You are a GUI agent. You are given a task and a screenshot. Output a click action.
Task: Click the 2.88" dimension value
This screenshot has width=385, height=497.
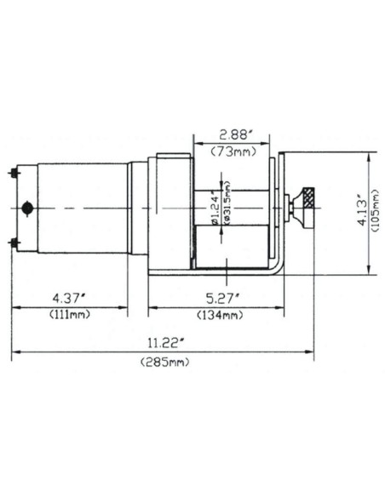[x=232, y=134]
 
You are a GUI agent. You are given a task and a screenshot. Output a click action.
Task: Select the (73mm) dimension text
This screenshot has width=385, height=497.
[x=232, y=151]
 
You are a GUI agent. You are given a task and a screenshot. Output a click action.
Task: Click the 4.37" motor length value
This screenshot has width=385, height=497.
[x=69, y=298]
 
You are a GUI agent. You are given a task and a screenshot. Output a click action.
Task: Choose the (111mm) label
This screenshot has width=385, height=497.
[x=69, y=314]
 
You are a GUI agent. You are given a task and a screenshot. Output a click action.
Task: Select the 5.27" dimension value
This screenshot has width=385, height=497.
[x=221, y=298]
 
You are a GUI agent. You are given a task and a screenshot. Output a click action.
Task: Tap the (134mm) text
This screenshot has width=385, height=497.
[x=221, y=314]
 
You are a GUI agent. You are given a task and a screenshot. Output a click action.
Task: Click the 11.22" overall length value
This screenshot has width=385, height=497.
[x=163, y=344]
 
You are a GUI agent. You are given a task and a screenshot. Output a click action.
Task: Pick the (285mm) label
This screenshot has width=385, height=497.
[x=163, y=363]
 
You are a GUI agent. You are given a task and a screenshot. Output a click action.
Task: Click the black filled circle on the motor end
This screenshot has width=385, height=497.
[x=28, y=208]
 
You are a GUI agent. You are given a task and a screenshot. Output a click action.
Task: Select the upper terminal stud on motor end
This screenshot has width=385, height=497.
[x=14, y=173]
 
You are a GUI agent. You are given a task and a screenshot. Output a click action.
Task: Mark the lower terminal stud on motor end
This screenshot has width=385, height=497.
[x=14, y=243]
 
